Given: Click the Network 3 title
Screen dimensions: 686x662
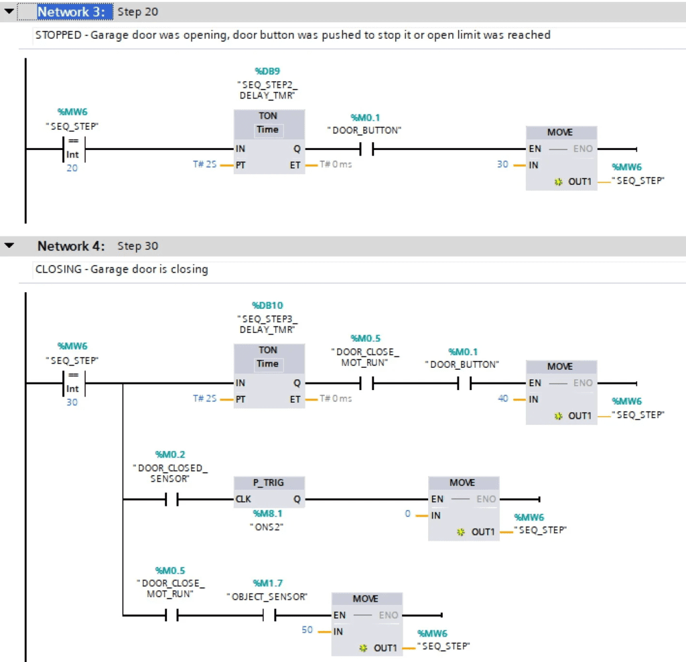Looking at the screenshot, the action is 71,12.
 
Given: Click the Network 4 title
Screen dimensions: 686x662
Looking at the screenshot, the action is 71,246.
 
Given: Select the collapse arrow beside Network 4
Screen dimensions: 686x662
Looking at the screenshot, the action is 9,245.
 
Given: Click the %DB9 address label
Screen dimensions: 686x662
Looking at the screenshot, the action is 267,71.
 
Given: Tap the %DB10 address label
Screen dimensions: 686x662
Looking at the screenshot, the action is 267,305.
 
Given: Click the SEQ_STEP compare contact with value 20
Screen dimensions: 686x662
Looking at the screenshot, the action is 73,149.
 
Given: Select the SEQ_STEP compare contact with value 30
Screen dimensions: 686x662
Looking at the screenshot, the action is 73,383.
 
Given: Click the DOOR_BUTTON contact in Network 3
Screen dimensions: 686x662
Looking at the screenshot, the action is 366,149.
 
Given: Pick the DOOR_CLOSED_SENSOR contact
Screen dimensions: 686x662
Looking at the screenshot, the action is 171,499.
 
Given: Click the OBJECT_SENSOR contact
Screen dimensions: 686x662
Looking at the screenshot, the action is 269,615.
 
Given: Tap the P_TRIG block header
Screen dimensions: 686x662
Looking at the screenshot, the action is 269,482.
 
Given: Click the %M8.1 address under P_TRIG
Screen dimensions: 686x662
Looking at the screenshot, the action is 267,513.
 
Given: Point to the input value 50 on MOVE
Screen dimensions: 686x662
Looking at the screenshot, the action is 307,630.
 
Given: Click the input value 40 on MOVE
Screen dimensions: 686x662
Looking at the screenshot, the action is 503,398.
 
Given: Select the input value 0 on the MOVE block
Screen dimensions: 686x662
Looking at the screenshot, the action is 407,513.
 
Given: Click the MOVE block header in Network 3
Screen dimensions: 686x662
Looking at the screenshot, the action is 560,132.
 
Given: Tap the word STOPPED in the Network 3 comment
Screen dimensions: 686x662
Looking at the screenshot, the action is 59,35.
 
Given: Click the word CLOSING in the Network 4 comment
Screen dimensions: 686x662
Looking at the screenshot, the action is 59,269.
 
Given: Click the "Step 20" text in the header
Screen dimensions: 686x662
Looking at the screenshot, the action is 138,12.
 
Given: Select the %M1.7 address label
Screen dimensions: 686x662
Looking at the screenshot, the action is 268,583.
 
